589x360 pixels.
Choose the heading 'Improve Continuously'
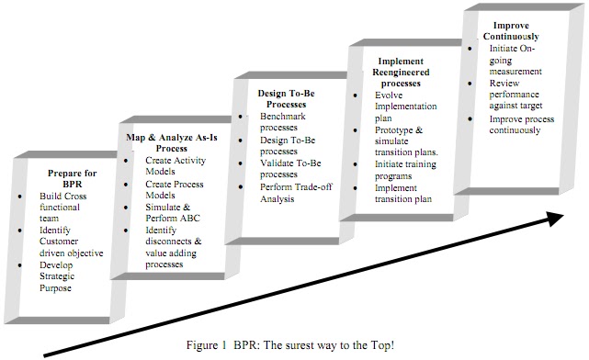513,30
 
